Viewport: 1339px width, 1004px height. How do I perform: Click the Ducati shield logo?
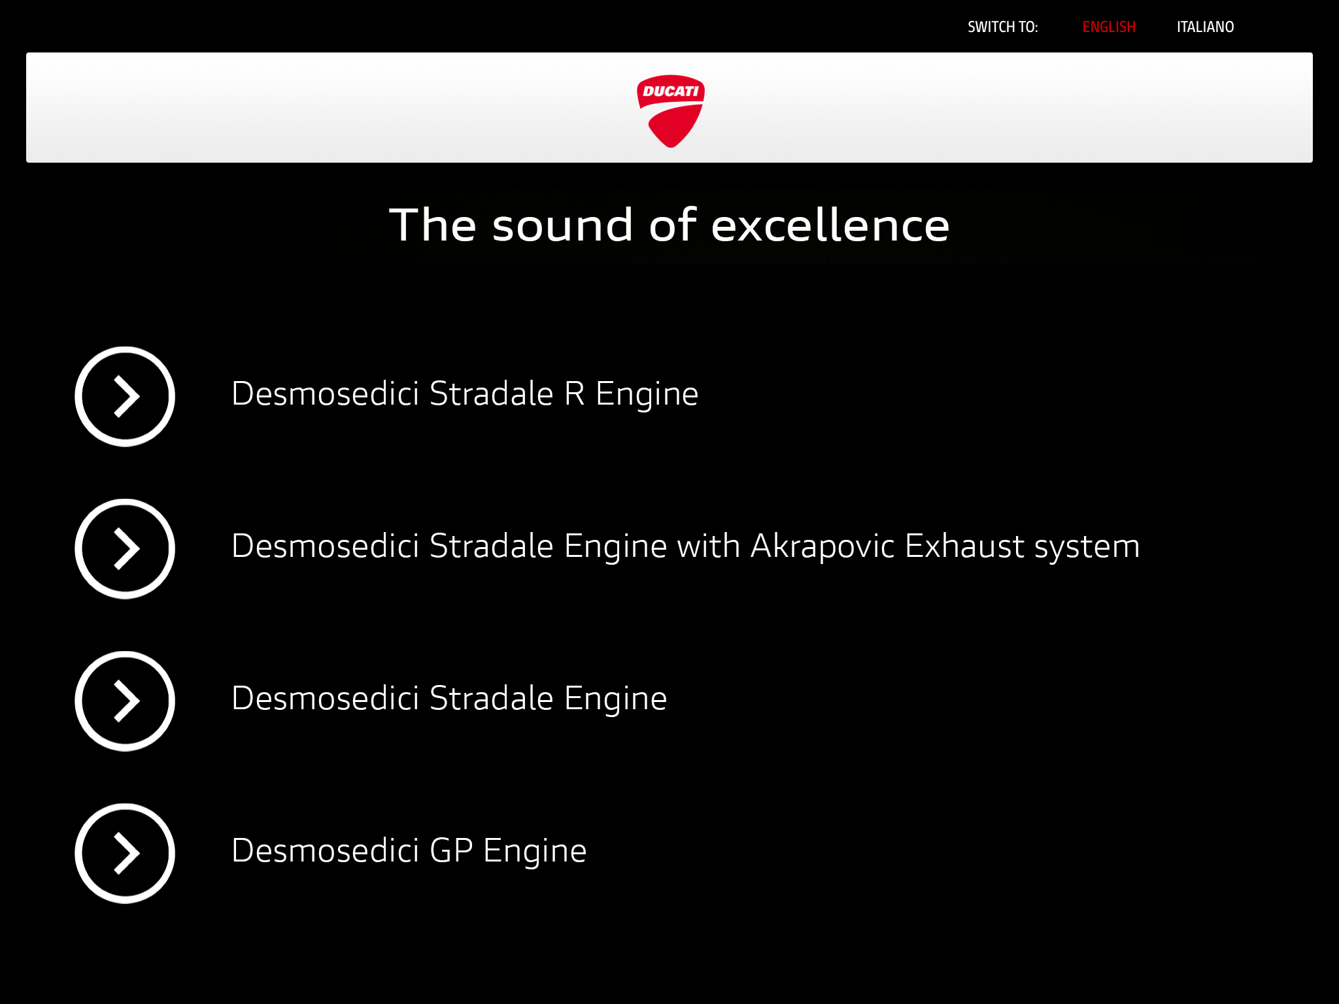(x=670, y=110)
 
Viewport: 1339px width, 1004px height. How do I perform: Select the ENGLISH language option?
(x=1109, y=27)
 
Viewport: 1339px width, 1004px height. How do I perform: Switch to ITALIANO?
(x=1205, y=27)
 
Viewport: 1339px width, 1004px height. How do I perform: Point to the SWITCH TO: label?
(x=1002, y=27)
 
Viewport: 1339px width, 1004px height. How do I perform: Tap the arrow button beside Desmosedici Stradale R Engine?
(x=125, y=397)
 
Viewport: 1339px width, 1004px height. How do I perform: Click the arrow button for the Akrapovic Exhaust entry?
(x=125, y=549)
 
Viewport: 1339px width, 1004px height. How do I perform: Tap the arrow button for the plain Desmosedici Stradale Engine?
(x=125, y=701)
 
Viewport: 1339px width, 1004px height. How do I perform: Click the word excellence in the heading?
(x=830, y=225)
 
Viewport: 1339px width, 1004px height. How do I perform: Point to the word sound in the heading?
(x=563, y=225)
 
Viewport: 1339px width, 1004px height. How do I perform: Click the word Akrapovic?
(x=822, y=546)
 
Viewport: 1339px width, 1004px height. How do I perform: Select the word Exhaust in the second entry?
(x=964, y=546)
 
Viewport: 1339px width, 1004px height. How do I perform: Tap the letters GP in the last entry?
(x=451, y=851)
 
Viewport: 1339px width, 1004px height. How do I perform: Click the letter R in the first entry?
(x=574, y=394)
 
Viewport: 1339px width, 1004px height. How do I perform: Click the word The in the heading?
(x=433, y=225)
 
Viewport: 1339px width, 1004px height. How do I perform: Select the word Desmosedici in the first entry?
(x=325, y=394)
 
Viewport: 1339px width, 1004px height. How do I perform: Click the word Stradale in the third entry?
(x=492, y=699)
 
